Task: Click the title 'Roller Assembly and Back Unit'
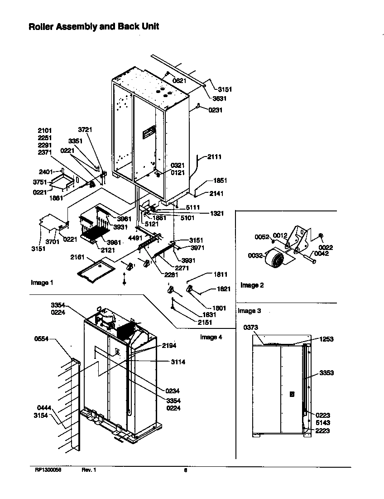coord(94,26)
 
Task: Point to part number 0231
coord(216,109)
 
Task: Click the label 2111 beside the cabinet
coord(215,157)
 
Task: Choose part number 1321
coord(216,214)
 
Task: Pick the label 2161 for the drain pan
coord(77,257)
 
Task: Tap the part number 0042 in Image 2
coord(322,254)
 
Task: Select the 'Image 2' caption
coord(252,285)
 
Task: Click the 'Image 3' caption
coord(250,311)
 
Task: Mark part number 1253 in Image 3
coord(326,339)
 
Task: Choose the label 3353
coord(326,373)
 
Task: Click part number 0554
coord(41,339)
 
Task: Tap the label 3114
coord(178,362)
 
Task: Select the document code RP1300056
coord(48,470)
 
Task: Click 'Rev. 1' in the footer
coord(89,470)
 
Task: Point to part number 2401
coord(46,172)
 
